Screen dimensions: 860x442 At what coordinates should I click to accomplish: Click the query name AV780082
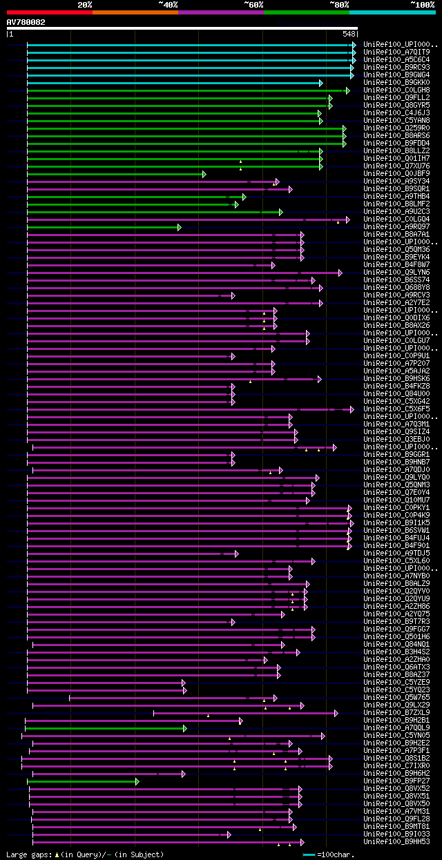[26, 22]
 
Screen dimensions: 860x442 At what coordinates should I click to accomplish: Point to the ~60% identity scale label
[253, 4]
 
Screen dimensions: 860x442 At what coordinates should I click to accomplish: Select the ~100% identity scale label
[422, 4]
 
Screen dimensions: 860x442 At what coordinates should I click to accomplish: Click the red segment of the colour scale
[49, 12]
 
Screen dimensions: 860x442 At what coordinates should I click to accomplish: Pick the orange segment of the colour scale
[135, 12]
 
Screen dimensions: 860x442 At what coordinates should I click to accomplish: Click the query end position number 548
[349, 34]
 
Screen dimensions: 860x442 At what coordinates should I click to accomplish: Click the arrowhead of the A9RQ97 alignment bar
[179, 227]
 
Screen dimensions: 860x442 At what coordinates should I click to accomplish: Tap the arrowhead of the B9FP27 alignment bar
[137, 781]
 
